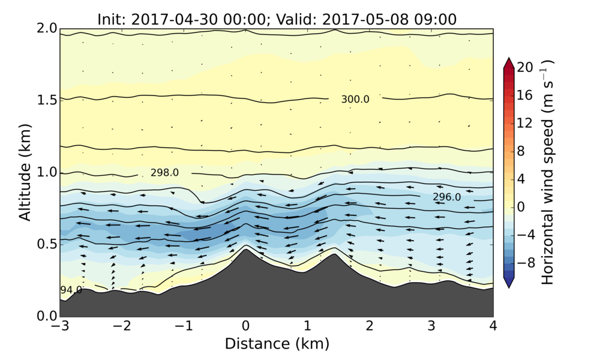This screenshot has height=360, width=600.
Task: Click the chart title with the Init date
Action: (277, 19)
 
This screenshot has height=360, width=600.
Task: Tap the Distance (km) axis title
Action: (277, 343)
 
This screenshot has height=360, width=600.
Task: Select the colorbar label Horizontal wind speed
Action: (547, 172)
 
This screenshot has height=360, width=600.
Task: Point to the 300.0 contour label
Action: (355, 100)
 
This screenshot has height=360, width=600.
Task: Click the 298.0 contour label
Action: (164, 173)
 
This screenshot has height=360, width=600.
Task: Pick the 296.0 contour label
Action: (446, 197)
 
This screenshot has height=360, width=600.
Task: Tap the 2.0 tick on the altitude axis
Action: (47, 28)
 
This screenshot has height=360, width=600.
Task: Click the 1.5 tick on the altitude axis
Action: (47, 100)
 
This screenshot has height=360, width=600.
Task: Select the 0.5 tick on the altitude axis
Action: (47, 244)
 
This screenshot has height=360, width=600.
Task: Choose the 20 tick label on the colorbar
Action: (526, 68)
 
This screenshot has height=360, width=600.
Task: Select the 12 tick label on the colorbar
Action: (526, 124)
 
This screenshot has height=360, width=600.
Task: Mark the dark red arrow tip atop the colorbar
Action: (508, 62)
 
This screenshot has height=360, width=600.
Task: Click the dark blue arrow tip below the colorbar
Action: (508, 284)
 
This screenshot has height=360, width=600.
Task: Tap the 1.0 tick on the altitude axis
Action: (47, 172)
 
